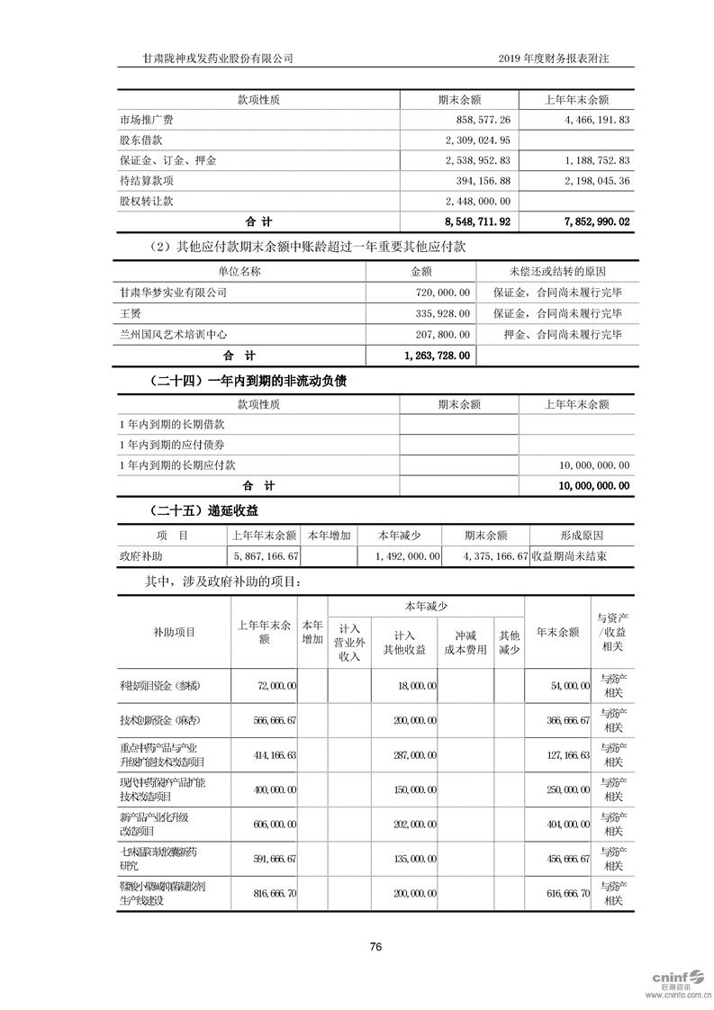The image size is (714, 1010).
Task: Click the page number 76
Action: (376, 946)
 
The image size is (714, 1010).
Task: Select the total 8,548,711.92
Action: (477, 221)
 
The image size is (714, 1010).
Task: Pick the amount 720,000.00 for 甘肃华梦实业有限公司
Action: (440, 292)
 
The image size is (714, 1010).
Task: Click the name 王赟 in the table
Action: (130, 312)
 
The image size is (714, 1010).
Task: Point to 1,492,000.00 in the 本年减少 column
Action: (408, 556)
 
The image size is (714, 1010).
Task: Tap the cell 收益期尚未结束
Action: (569, 556)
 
